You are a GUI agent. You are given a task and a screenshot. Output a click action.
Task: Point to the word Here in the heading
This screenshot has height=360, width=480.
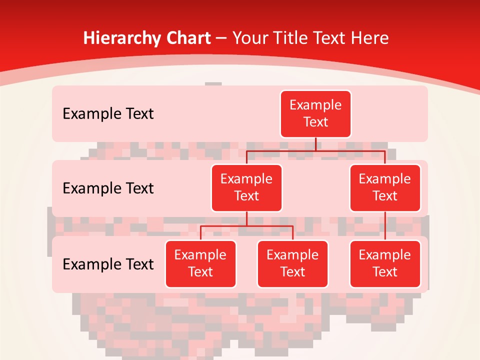370,38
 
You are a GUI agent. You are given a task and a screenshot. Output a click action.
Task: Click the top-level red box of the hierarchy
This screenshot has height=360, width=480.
315,113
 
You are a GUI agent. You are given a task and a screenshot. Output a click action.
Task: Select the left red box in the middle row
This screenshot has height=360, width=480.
246,187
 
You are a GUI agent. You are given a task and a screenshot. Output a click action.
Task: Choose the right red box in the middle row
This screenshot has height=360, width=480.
385,187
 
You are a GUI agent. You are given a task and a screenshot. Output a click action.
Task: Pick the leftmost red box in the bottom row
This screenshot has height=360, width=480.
200,263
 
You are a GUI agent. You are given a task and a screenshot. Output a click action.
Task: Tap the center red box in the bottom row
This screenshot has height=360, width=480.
292,263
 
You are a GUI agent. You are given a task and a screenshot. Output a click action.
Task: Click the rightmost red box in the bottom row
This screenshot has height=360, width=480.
385,263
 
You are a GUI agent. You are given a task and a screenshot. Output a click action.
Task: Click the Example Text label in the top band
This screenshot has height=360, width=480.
108,114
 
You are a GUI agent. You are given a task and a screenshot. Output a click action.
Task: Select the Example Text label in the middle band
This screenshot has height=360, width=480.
108,188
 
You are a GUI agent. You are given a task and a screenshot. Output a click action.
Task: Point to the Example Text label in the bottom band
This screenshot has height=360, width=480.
108,264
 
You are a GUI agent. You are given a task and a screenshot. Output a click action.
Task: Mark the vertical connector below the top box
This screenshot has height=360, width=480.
315,144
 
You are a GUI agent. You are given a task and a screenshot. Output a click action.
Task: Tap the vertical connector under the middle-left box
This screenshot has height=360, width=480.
246,218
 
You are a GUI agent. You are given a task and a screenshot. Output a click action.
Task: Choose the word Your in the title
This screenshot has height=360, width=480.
248,38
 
